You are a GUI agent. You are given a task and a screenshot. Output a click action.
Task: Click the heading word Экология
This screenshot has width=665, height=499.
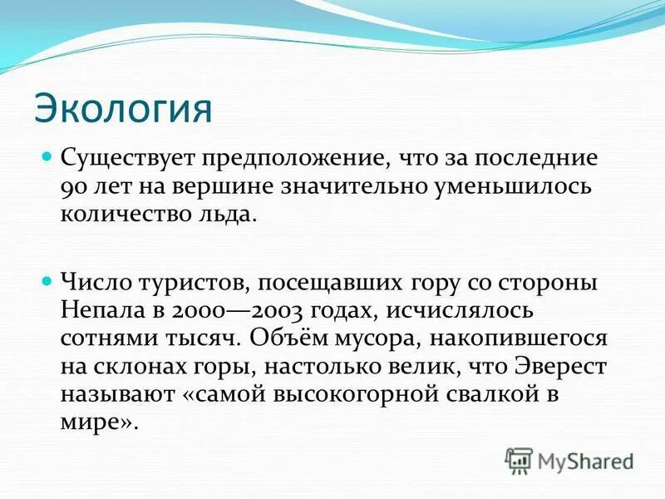[x=123, y=107]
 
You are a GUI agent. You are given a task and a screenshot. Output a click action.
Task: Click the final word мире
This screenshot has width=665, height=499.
[x=97, y=423]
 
